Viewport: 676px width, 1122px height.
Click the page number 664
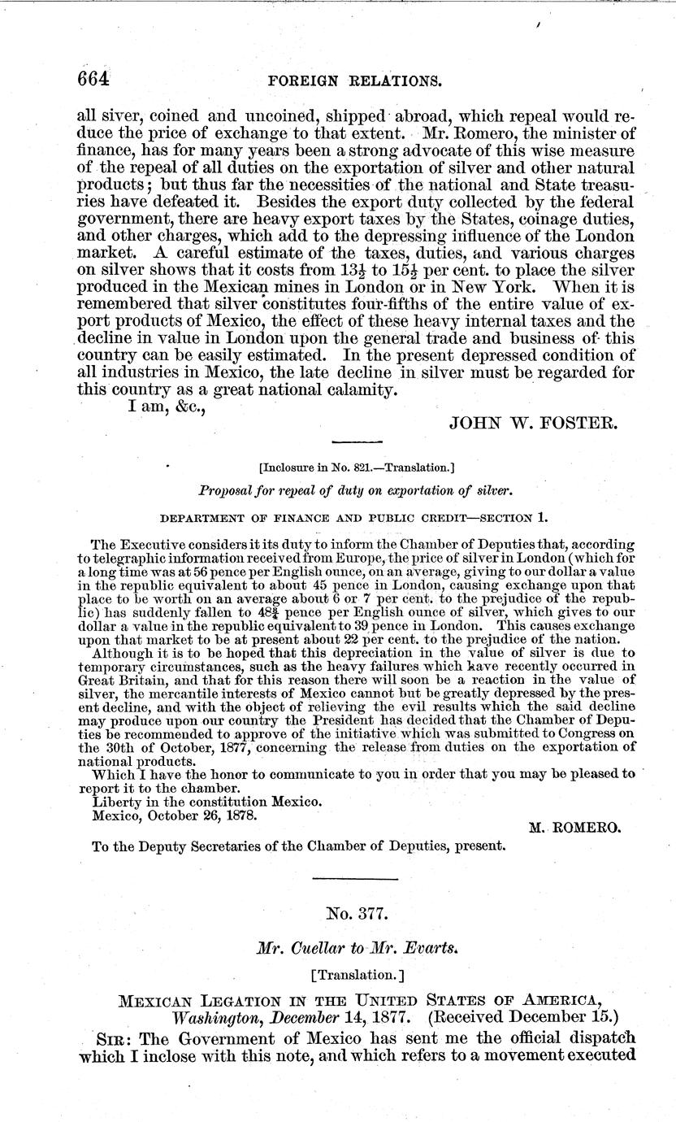[x=93, y=79]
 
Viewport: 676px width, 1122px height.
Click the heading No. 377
[x=344, y=912]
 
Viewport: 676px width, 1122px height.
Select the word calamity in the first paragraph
[x=354, y=389]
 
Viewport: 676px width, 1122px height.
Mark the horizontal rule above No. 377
[x=344, y=879]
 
